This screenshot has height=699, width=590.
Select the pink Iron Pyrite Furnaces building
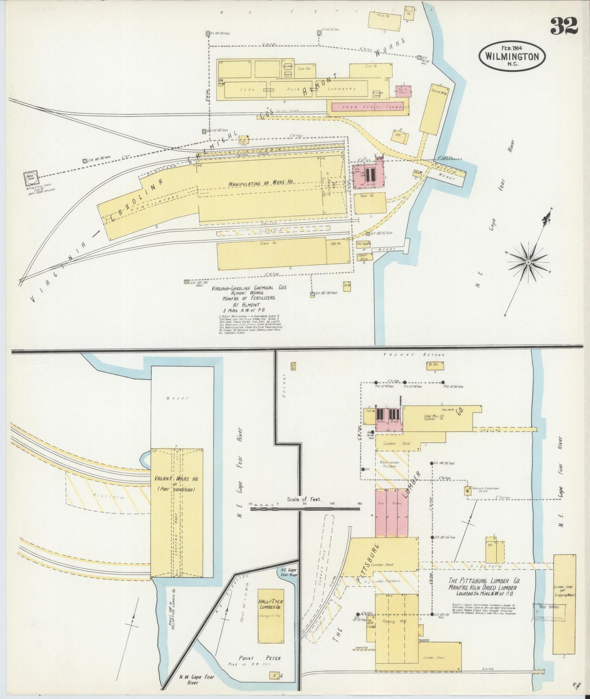pos(367,106)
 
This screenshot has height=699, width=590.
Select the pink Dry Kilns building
pos(391,512)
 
